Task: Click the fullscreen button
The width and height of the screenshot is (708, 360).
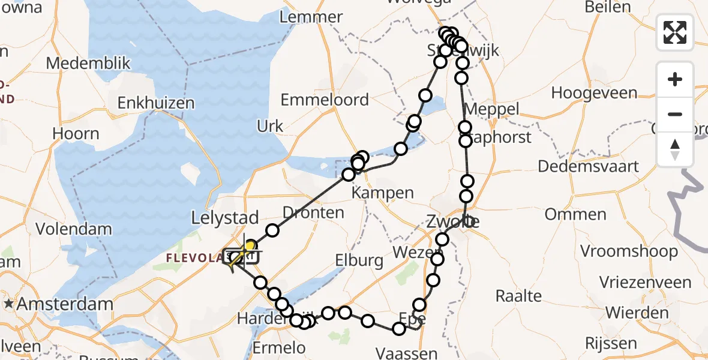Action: coord(675,32)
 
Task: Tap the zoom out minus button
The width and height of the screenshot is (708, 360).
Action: coord(675,114)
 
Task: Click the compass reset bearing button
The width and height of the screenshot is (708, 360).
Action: coord(675,149)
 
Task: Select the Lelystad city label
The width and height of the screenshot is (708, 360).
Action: coord(225,217)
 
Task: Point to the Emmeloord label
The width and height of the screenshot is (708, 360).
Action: coord(325,100)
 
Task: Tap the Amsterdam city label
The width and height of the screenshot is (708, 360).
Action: coord(65,304)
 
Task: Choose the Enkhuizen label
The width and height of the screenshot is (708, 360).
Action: coord(156,103)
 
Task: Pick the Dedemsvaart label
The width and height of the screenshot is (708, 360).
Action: coord(589,166)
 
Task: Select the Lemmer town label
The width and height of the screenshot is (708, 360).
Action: coord(311,17)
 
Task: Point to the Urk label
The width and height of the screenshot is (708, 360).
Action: coord(270,126)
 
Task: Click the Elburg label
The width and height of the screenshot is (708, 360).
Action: coord(359,260)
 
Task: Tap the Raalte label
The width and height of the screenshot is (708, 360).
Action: coord(519,295)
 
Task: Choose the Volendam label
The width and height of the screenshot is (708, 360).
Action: coord(74,229)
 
